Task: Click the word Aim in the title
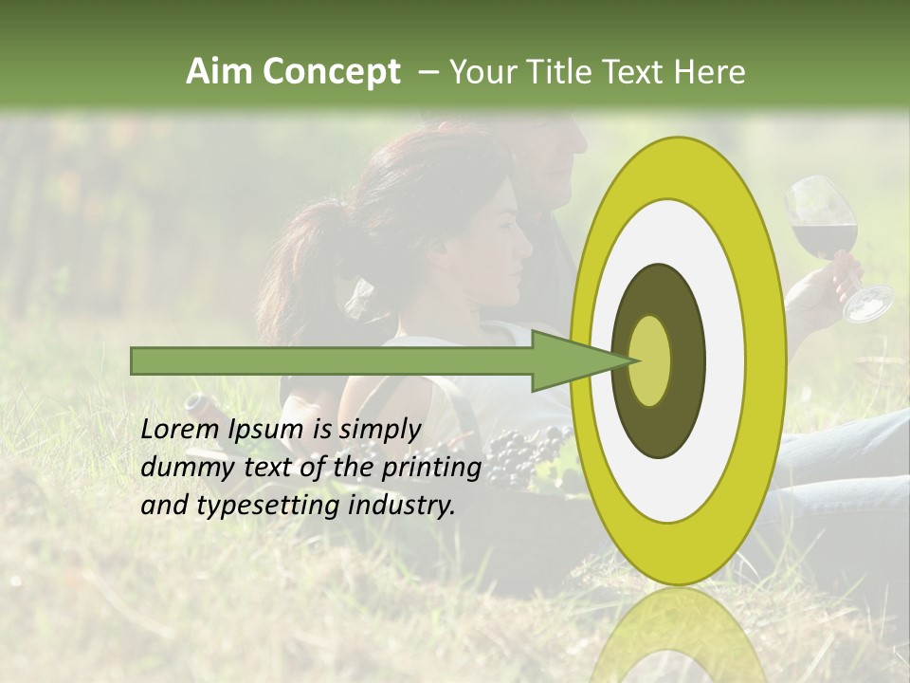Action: [x=220, y=72]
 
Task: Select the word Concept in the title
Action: [x=333, y=72]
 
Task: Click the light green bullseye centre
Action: [x=649, y=360]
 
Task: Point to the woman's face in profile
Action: [x=502, y=251]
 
